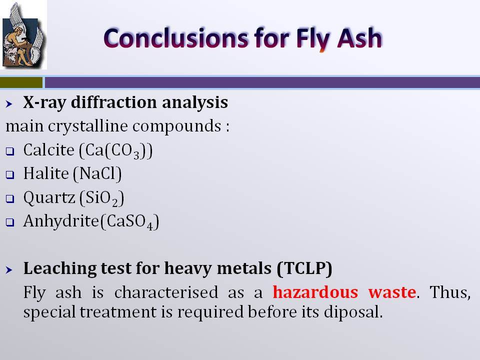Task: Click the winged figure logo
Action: tap(23, 35)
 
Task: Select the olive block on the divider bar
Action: tap(21, 82)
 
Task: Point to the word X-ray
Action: tap(44, 103)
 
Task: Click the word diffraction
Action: tap(114, 102)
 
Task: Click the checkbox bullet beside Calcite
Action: tap(10, 151)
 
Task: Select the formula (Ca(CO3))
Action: tap(116, 150)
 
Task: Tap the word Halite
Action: tap(46, 173)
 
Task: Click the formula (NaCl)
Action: tap(97, 174)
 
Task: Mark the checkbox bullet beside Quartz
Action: tap(10, 199)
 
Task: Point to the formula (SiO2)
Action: tap(101, 198)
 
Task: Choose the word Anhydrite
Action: tap(61, 221)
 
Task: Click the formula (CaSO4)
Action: tap(129, 221)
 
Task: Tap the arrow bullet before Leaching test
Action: tap(9, 269)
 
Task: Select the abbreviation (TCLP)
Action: tap(304, 268)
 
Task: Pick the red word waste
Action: tap(392, 292)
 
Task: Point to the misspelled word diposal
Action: tap(353, 312)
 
